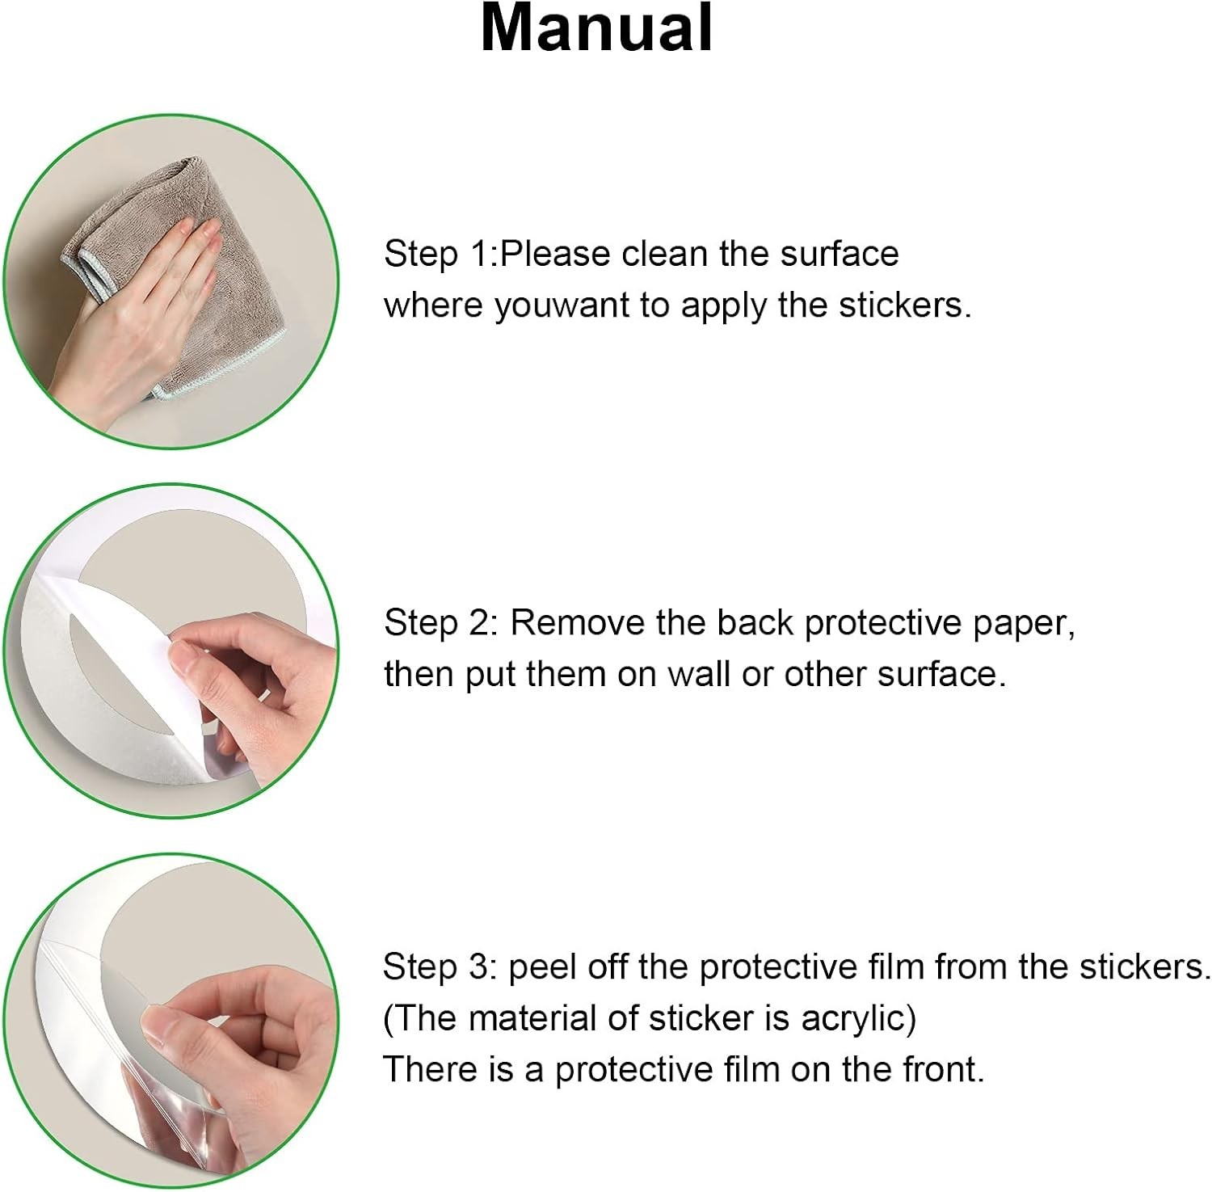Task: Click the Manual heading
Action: pos(596,28)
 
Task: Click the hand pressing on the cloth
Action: pos(129,323)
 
